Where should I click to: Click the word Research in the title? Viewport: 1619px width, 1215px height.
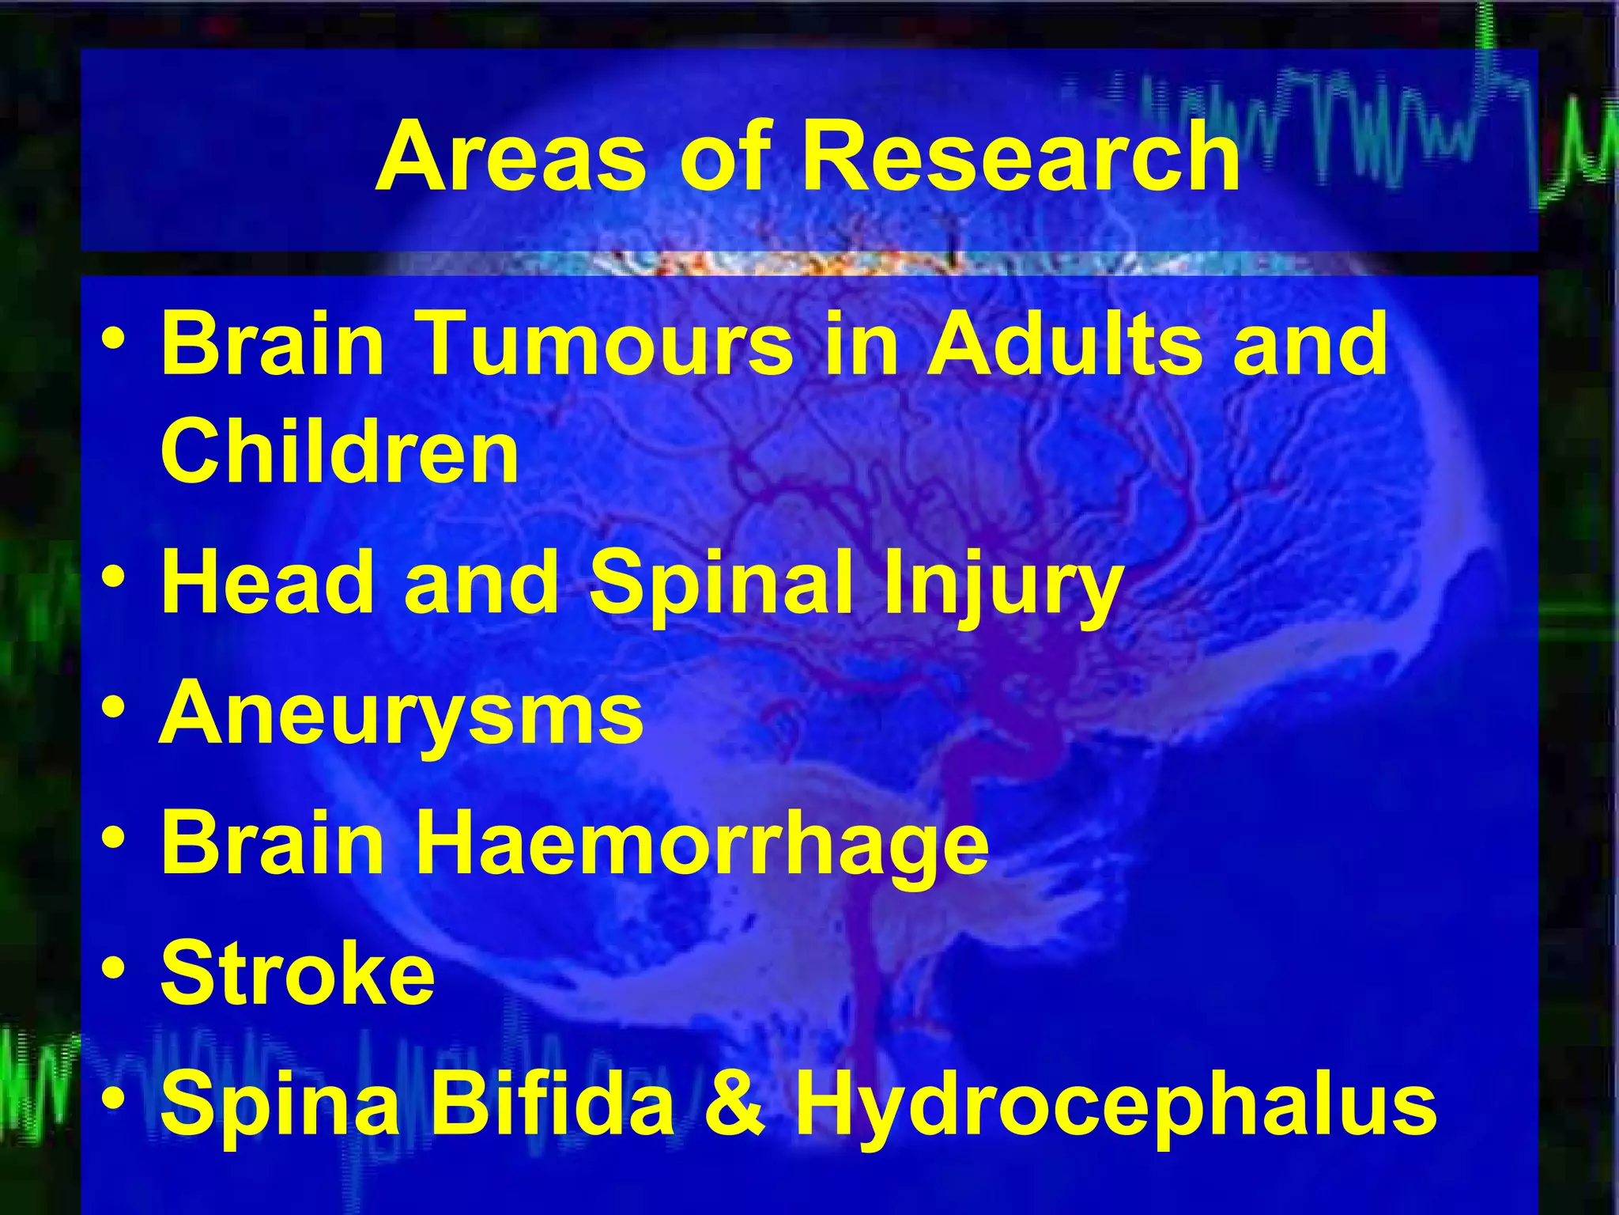pyautogui.click(x=1020, y=157)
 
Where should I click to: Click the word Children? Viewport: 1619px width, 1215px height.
pyautogui.click(x=340, y=452)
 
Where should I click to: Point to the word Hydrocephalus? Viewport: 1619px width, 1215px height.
pyautogui.click(x=1115, y=1106)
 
